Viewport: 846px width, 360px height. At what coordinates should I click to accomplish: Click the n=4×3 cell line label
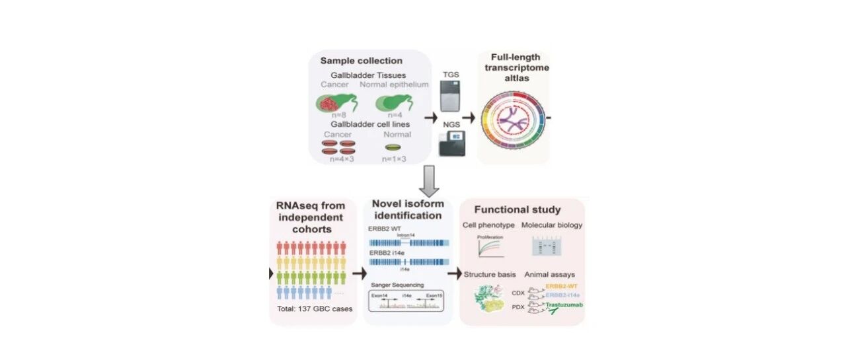(338, 159)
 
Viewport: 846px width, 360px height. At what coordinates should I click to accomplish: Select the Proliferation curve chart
(490, 248)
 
